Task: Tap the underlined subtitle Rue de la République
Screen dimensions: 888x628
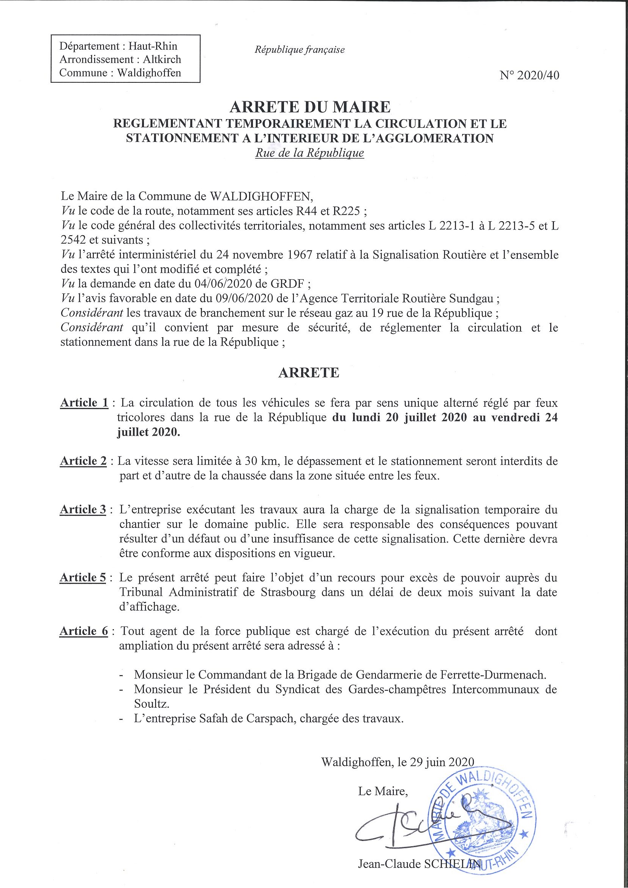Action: pyautogui.click(x=309, y=153)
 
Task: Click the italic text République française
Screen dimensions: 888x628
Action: pyautogui.click(x=300, y=50)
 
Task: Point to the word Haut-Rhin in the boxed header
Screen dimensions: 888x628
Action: pyautogui.click(x=153, y=46)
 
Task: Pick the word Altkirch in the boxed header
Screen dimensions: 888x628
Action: pyautogui.click(x=162, y=60)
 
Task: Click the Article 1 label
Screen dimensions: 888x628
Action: pyautogui.click(x=84, y=403)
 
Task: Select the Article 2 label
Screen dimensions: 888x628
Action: pyautogui.click(x=83, y=461)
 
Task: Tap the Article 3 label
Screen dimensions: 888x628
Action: pyautogui.click(x=83, y=510)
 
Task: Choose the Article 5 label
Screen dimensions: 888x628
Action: pyautogui.click(x=83, y=578)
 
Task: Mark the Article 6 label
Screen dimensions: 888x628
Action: pyautogui.click(x=84, y=631)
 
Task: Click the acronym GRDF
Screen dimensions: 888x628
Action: pyautogui.click(x=290, y=284)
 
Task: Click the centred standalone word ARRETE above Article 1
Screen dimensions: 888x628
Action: pyautogui.click(x=309, y=372)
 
